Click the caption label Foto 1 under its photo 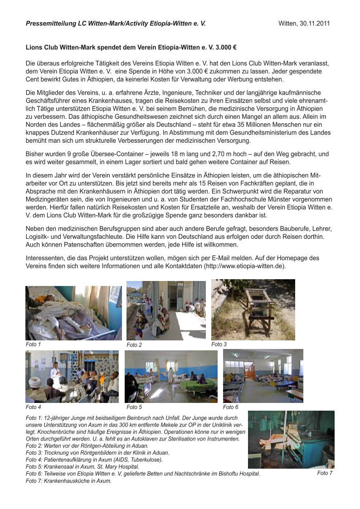coord(34,344)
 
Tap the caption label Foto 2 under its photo coord(134,345)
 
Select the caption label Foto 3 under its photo coord(219,344)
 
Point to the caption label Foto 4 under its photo coord(34,407)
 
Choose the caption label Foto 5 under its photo coord(134,407)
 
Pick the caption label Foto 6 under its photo coord(231,407)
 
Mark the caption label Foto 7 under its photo coord(325,473)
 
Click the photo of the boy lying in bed coord(73,313)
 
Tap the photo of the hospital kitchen coord(291,440)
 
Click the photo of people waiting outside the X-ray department coord(165,310)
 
